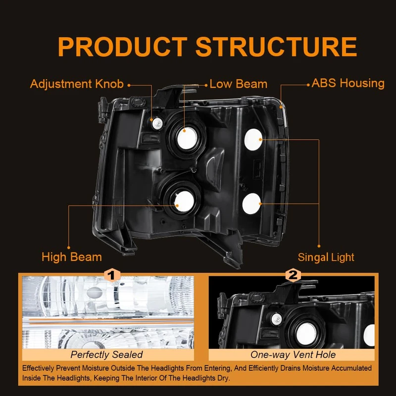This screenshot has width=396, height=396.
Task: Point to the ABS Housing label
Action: point(348,83)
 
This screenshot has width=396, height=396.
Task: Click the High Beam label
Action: point(72,257)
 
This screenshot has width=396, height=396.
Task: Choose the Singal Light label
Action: point(326,257)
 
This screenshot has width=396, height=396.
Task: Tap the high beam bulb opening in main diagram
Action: point(184,199)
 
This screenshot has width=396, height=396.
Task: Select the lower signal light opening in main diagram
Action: point(251,203)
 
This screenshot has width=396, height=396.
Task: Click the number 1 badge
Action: point(112,275)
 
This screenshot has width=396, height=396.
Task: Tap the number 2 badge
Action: point(293,275)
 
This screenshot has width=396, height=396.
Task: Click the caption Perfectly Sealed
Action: point(106,354)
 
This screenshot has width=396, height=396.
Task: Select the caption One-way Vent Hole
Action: point(293,354)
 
